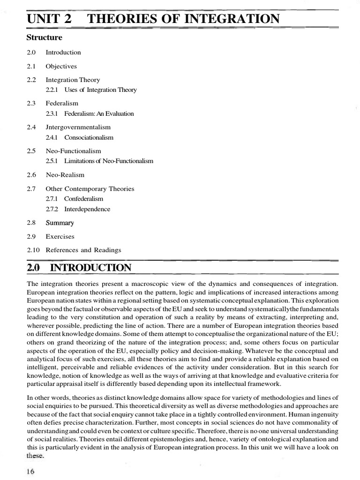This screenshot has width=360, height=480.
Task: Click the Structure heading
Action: point(45,37)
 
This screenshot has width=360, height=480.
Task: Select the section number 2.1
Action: point(31,67)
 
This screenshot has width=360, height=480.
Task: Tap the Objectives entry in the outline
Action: point(61,67)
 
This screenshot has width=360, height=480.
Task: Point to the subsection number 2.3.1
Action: point(52,113)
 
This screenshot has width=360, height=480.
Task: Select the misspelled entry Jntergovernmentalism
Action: point(78,127)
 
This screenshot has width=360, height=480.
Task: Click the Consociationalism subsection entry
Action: point(89,138)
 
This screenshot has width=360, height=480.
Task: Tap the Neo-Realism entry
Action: point(65,175)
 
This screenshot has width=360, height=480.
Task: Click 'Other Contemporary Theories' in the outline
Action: point(90,189)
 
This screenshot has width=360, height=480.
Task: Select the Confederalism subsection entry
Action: point(83,199)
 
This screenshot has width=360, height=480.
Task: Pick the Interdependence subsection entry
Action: point(87,209)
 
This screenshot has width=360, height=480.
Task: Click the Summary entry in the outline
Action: point(60,223)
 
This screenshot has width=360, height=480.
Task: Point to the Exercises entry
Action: point(60,237)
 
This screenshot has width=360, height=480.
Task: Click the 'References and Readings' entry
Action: point(83,250)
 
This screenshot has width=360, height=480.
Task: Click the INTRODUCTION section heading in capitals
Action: point(90,268)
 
